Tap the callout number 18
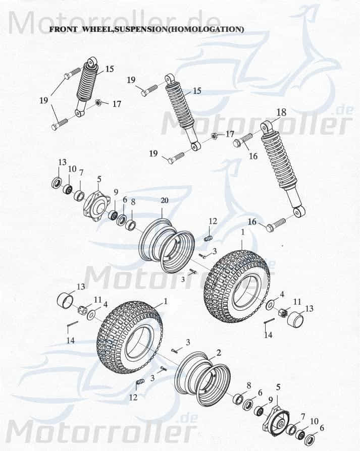(281, 112)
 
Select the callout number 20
(165, 200)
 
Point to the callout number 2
(219, 352)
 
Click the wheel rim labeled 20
(167, 245)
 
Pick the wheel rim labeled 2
(201, 381)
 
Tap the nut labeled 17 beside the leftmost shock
(99, 103)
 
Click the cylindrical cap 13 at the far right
(295, 319)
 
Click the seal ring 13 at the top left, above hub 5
(56, 183)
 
